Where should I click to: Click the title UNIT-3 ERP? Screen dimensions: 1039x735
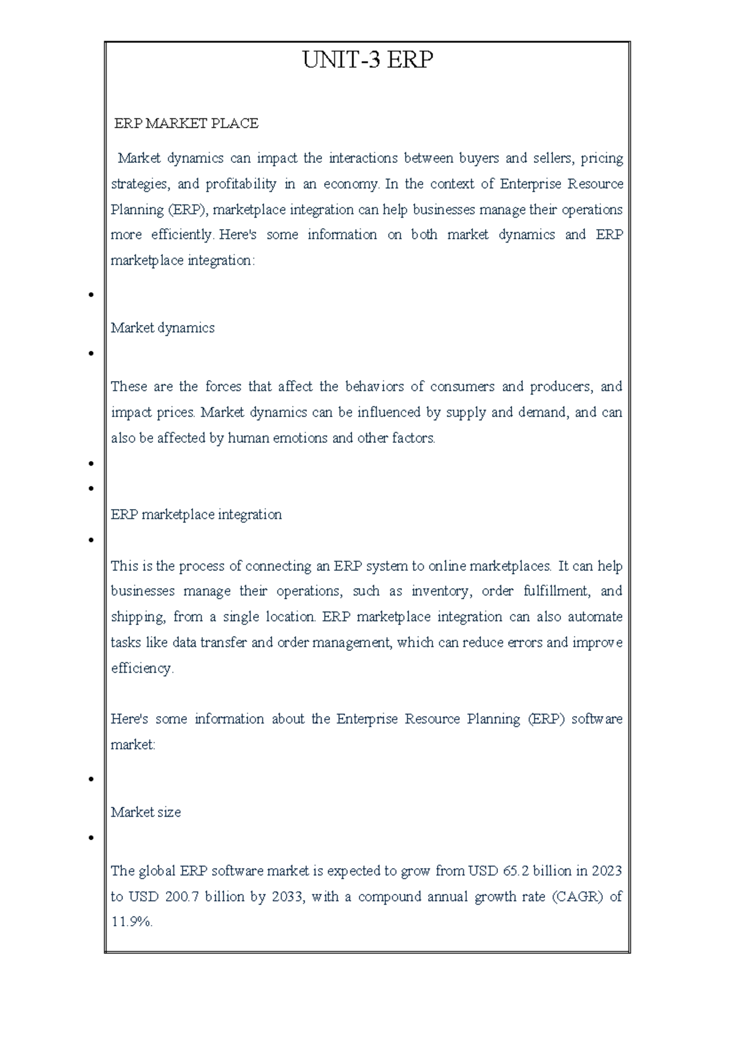point(367,60)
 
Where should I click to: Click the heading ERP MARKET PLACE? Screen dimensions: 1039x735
point(186,124)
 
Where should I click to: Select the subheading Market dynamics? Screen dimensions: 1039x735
point(162,328)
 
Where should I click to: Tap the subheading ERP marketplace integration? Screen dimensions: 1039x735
point(196,515)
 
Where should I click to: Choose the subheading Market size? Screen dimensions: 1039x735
point(146,812)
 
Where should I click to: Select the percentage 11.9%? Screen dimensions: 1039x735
point(131,922)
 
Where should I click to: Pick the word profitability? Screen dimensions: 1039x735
point(241,184)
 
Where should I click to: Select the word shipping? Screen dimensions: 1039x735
point(137,618)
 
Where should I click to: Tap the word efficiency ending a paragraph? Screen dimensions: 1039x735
point(141,668)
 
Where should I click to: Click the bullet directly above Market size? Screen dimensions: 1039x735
point(91,779)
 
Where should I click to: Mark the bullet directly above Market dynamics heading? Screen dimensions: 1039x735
point(91,295)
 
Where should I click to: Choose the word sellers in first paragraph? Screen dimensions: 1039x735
point(552,159)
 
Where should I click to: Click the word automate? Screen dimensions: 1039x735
point(595,617)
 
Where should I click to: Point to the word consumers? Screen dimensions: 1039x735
point(462,387)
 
